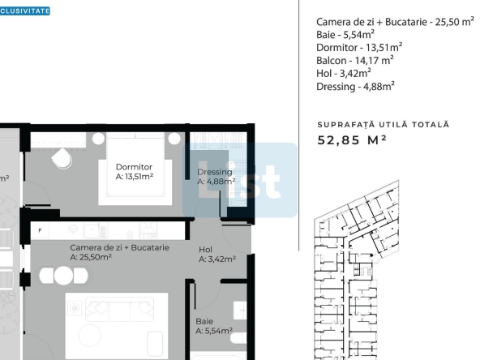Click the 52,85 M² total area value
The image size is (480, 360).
click(352, 140)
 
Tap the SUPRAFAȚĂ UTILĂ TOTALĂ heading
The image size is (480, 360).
click(384, 125)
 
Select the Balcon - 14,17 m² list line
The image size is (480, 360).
click(355, 60)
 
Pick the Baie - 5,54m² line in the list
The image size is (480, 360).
click(345, 35)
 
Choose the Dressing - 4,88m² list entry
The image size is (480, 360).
click(355, 86)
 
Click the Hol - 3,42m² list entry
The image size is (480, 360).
click(344, 74)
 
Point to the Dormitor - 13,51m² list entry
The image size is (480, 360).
click(359, 48)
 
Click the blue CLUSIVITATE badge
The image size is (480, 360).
click(25, 11)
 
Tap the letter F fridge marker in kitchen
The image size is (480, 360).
click(40, 230)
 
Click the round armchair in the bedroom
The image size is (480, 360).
click(62, 158)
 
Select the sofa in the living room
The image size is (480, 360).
click(119, 309)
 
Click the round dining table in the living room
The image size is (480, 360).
click(63, 276)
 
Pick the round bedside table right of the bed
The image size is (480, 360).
click(174, 139)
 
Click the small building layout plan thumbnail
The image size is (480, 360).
click(357, 270)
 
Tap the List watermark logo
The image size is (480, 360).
click(240, 180)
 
